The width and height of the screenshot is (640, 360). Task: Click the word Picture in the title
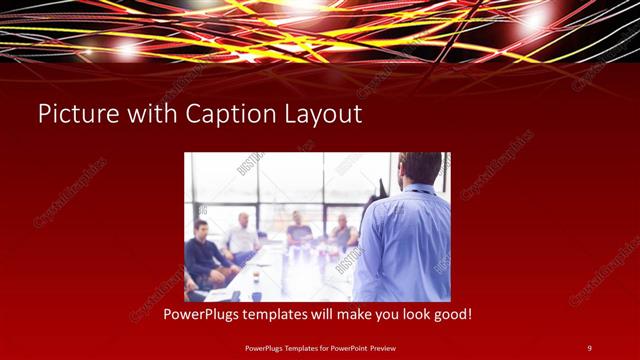[x=74, y=115]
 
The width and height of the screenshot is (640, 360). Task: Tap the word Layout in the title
[x=324, y=115]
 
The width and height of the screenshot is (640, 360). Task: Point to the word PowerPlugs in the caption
[x=206, y=314]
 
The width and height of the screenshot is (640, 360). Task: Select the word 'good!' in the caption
[x=451, y=314]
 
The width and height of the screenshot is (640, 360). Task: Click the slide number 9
[x=589, y=347]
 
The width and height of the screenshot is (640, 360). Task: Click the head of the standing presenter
[x=419, y=168]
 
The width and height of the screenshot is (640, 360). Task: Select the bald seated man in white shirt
[x=241, y=236]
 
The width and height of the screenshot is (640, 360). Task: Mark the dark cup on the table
[x=256, y=295]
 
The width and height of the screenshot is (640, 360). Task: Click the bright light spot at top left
[x=127, y=47]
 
